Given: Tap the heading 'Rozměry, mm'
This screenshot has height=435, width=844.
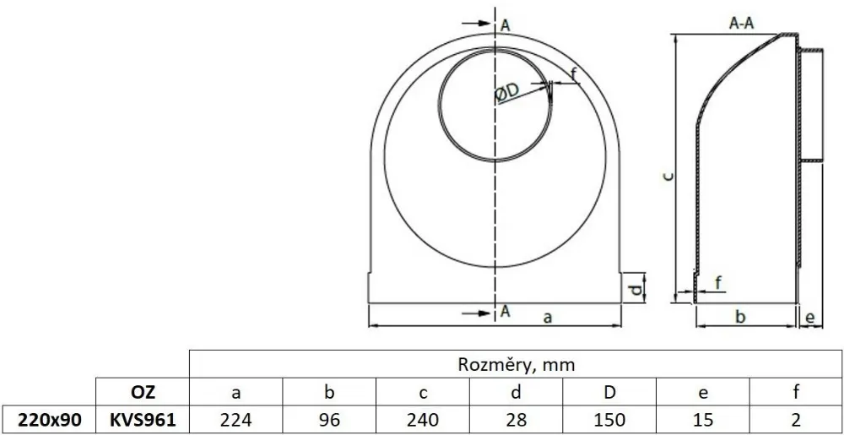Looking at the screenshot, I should (x=516, y=365).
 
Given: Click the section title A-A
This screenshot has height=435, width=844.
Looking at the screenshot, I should (x=741, y=25).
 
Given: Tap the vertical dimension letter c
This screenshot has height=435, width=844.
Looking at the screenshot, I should (x=667, y=176).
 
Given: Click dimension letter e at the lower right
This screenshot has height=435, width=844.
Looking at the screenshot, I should (x=810, y=318).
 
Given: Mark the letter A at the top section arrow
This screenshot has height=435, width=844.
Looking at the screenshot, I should (x=506, y=25).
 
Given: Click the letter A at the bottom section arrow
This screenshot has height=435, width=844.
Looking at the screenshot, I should (x=506, y=311).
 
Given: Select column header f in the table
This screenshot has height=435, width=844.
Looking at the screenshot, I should (x=795, y=391).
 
